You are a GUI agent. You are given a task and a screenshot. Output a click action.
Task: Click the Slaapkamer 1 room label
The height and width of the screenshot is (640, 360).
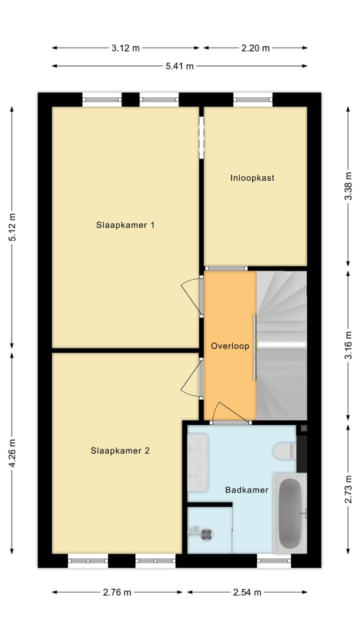coord(125,225)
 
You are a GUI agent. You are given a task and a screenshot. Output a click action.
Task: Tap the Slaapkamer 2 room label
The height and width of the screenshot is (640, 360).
coord(120,450)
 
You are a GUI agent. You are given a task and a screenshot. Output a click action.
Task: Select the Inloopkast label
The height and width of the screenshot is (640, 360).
coord(252,178)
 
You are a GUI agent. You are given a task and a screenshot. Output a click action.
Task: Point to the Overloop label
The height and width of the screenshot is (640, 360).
coord(230,346)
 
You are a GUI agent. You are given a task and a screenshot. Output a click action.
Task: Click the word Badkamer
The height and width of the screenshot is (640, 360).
coord(246,490)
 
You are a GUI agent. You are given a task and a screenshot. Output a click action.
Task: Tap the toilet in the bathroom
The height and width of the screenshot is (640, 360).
coord(284,451)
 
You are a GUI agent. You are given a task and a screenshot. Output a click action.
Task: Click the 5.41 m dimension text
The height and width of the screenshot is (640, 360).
coord(179,66)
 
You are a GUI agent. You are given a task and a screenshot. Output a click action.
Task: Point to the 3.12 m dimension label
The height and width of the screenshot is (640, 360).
coord(125,48)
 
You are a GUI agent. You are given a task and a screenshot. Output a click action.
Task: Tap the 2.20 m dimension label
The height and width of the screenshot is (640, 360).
coord(255,48)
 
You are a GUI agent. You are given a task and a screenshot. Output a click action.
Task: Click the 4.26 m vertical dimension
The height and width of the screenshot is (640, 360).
coord(12,453)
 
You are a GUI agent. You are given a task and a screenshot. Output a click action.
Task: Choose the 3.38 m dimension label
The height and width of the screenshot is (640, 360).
coord(348,186)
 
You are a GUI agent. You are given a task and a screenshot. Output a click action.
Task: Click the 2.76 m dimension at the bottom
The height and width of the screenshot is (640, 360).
coord(117,592)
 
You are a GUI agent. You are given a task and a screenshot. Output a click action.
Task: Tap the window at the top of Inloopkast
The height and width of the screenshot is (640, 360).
coord(253,99)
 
